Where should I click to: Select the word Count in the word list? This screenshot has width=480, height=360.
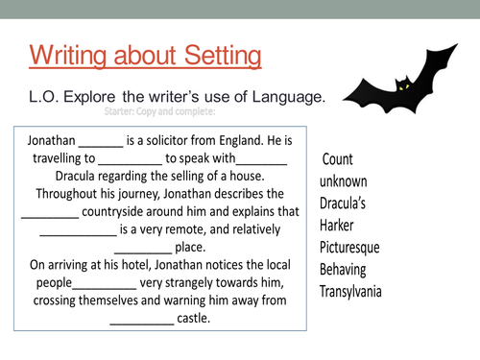click(x=339, y=158)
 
